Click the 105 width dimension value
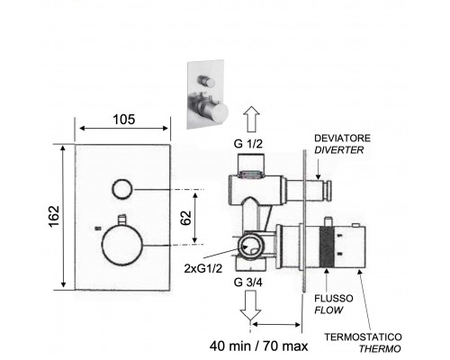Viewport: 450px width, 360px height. (x=124, y=120)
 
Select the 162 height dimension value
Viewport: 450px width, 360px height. (x=54, y=216)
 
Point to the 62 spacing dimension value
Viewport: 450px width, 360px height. (x=186, y=218)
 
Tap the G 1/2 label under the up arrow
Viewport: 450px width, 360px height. (x=248, y=144)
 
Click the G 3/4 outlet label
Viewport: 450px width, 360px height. (x=248, y=283)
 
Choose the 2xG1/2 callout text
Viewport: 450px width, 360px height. (x=203, y=268)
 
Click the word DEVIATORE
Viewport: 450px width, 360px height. (x=342, y=139)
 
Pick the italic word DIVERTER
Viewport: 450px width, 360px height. (x=339, y=149)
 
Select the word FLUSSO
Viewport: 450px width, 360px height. (x=334, y=299)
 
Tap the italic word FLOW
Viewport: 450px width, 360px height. (x=328, y=310)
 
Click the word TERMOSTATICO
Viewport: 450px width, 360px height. (x=363, y=337)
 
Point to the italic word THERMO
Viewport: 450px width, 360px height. (x=380, y=349)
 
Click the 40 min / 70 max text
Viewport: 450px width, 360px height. (x=258, y=346)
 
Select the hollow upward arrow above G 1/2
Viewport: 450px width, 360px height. (x=251, y=120)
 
